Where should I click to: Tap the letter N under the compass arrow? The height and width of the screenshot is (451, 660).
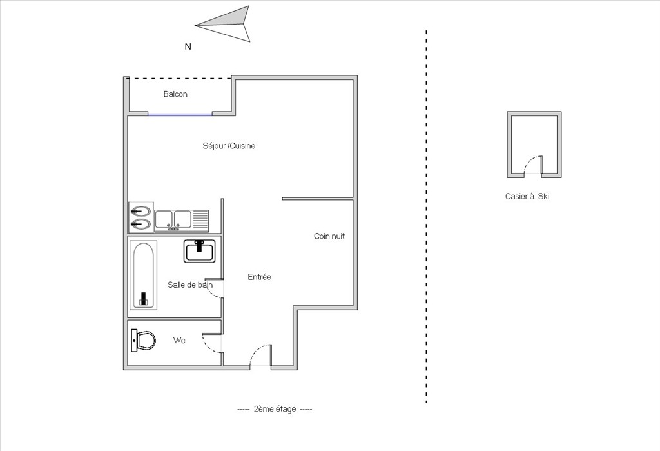(x=188, y=47)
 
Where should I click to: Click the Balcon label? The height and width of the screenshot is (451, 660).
(x=175, y=94)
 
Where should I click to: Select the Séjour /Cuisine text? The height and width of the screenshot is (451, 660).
(x=229, y=146)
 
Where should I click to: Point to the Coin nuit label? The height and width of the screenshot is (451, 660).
(x=329, y=236)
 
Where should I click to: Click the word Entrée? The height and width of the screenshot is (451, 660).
(x=259, y=277)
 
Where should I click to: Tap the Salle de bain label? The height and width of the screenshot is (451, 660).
(x=190, y=285)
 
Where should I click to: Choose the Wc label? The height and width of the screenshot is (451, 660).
(x=179, y=341)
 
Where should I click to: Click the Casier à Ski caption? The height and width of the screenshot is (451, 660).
(x=527, y=196)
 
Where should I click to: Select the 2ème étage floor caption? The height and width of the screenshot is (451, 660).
(x=275, y=409)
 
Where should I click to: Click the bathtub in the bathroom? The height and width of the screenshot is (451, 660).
(x=144, y=276)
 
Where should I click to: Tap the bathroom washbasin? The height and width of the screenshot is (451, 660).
(x=200, y=251)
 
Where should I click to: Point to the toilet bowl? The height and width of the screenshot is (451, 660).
(x=143, y=340)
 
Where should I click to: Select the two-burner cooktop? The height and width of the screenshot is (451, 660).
(x=141, y=217)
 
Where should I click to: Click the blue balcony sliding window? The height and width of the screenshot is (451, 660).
(x=180, y=114)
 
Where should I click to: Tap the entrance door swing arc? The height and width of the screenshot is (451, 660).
(x=258, y=350)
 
